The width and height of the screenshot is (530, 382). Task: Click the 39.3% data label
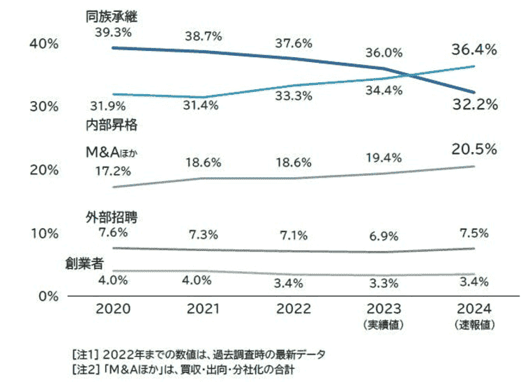(112, 32)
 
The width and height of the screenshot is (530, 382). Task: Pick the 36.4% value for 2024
(474, 49)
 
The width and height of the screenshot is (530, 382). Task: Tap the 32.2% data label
(474, 105)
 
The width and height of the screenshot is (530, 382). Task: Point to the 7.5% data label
(474, 233)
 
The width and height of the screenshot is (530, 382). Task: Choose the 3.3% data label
(383, 282)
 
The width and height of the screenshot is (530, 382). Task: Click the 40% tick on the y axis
(43, 43)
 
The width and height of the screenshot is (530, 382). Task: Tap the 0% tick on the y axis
(47, 296)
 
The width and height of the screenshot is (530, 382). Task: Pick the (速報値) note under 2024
(474, 326)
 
